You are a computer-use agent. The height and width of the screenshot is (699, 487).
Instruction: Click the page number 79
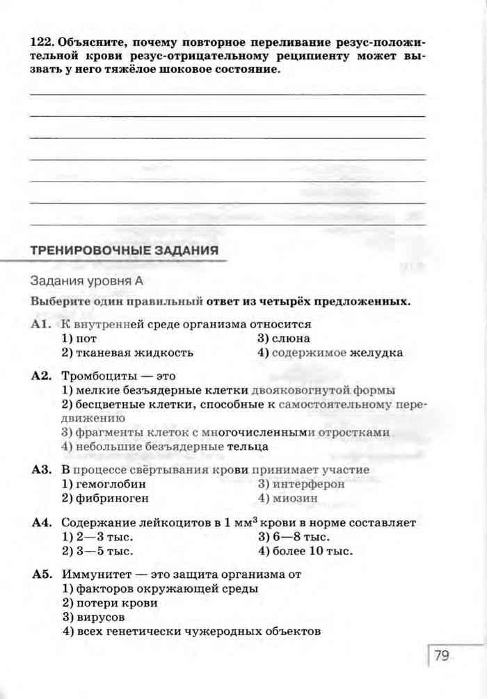[442, 655]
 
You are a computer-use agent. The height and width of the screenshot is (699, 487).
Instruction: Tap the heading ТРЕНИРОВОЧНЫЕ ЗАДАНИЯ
[124, 250]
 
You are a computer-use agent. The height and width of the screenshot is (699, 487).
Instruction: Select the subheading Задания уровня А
[86, 281]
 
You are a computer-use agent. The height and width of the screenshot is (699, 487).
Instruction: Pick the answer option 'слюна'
[281, 338]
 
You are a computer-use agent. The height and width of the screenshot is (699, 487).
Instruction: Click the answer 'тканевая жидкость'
[127, 353]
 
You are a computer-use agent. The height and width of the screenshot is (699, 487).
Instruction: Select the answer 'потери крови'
[110, 603]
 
